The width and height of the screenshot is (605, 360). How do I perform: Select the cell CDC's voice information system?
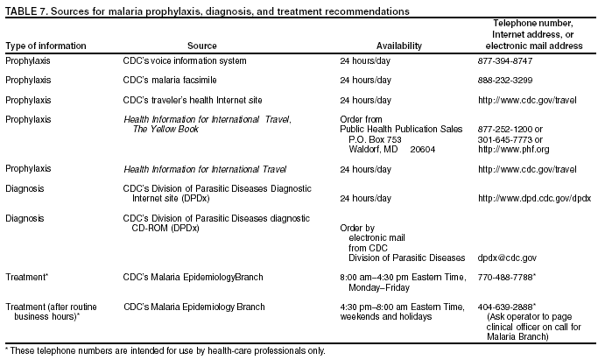coord(185,61)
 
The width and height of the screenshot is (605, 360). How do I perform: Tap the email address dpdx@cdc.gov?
coord(507,258)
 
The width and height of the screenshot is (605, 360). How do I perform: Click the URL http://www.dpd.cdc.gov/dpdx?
coord(534,199)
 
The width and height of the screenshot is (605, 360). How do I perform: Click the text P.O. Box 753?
coord(375,139)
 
